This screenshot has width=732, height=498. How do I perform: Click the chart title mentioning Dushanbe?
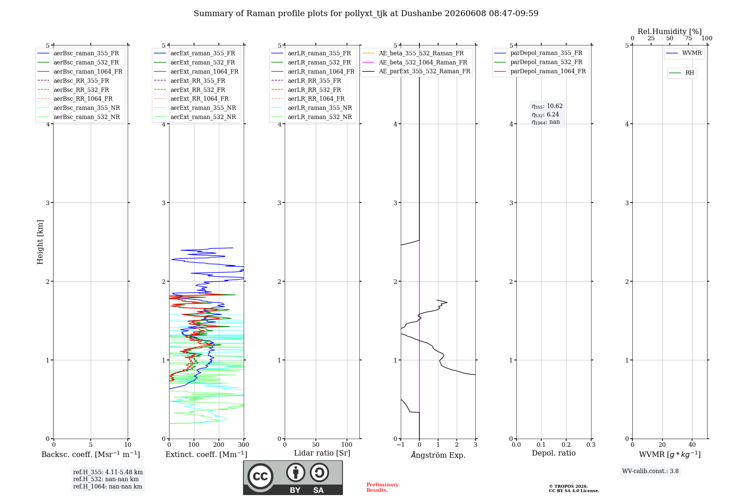pyautogui.click(x=366, y=14)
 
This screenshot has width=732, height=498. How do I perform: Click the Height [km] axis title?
pyautogui.click(x=40, y=242)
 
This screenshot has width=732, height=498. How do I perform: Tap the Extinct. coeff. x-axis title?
pyautogui.click(x=206, y=454)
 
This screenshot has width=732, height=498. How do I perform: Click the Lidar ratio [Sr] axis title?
pyautogui.click(x=322, y=453)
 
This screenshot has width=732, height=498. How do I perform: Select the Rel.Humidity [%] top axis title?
pyautogui.click(x=670, y=31)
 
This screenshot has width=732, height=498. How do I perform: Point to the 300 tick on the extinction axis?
pyautogui.click(x=244, y=445)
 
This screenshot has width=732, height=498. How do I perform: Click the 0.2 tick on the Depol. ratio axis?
pyautogui.click(x=566, y=445)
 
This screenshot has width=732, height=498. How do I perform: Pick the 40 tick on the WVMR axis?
pyautogui.click(x=692, y=445)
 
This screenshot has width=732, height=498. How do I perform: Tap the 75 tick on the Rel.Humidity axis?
pyautogui.click(x=688, y=38)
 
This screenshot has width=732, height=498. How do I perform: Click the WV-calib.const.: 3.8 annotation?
pyautogui.click(x=650, y=471)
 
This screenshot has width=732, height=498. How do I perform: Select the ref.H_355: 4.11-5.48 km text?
pyautogui.click(x=108, y=472)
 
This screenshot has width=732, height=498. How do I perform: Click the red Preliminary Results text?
pyautogui.click(x=382, y=487)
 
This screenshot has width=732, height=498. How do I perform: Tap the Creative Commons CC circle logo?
pyautogui.click(x=260, y=476)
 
